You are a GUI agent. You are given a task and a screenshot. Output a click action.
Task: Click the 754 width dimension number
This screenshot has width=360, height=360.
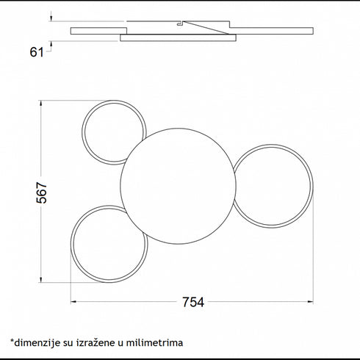click(x=193, y=302)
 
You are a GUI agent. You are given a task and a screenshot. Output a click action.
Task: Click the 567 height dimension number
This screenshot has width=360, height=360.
click(x=42, y=192)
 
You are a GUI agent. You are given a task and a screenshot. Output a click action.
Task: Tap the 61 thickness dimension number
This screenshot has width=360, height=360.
click(x=37, y=52)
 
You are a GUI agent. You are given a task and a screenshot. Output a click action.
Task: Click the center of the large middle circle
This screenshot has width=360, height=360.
click(x=178, y=186)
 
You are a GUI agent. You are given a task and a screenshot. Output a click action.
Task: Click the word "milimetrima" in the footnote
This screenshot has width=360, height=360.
click(x=154, y=342)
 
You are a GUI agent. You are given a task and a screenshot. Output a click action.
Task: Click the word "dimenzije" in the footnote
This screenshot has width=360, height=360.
click(x=37, y=342)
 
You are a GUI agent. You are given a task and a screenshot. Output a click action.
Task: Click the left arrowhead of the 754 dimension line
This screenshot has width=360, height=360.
click(x=73, y=302)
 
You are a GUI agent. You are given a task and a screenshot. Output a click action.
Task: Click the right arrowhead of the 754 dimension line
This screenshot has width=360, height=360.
click(x=311, y=302)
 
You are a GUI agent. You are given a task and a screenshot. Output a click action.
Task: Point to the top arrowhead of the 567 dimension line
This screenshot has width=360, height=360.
click(x=41, y=103)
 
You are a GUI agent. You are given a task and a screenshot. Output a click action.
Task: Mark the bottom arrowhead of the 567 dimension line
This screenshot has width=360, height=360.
click(x=41, y=279)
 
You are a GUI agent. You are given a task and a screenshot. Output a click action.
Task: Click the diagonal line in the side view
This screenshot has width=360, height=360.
click(x=206, y=28)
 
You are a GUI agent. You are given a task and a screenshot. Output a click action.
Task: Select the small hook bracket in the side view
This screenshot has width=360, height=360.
click(x=180, y=24)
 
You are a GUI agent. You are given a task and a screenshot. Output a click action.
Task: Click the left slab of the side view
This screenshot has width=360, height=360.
click(x=98, y=31)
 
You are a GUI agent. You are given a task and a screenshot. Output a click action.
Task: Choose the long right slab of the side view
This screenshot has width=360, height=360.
click(x=271, y=31)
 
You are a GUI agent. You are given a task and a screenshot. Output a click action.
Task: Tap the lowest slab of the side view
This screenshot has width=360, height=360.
click(x=178, y=37)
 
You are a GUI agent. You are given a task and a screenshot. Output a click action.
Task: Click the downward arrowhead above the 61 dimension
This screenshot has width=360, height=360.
click(x=51, y=18)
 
